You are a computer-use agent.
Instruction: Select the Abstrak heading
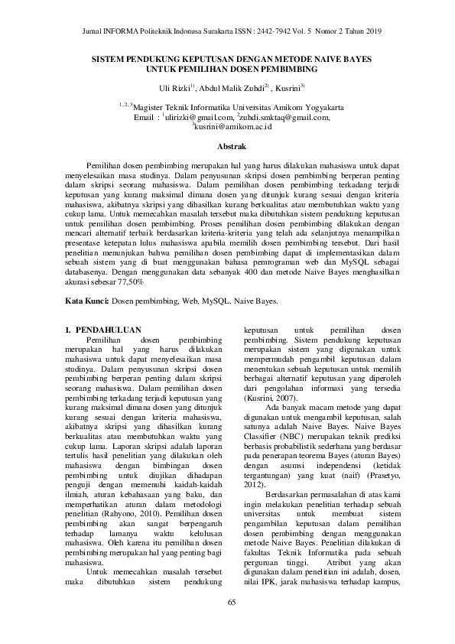pyautogui.click(x=227, y=145)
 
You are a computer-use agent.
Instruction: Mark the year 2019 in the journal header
pyautogui.click(x=371, y=31)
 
